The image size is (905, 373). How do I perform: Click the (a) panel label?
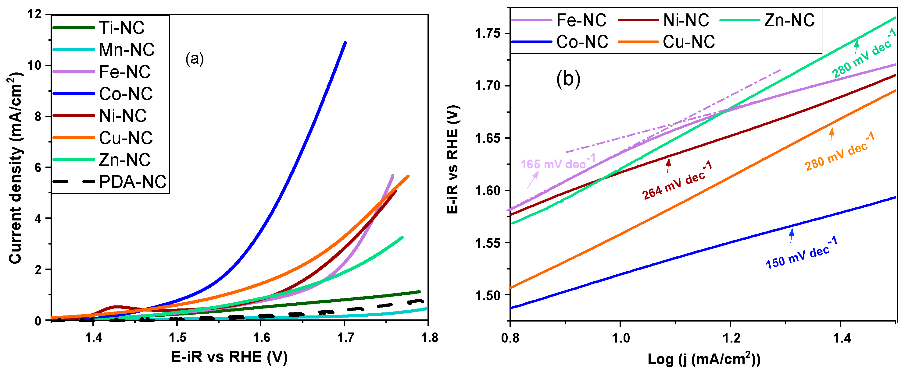[x=194, y=58]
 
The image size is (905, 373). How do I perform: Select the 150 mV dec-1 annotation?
[x=801, y=253]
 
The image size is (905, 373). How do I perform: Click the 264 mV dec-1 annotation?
[x=677, y=180]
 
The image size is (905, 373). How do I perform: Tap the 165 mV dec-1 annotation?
[x=558, y=162]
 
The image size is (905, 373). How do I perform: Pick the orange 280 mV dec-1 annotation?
[x=839, y=152]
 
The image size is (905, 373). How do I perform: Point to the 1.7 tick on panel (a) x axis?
[x=345, y=338]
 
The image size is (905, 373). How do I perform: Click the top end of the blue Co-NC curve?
[x=345, y=43]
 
